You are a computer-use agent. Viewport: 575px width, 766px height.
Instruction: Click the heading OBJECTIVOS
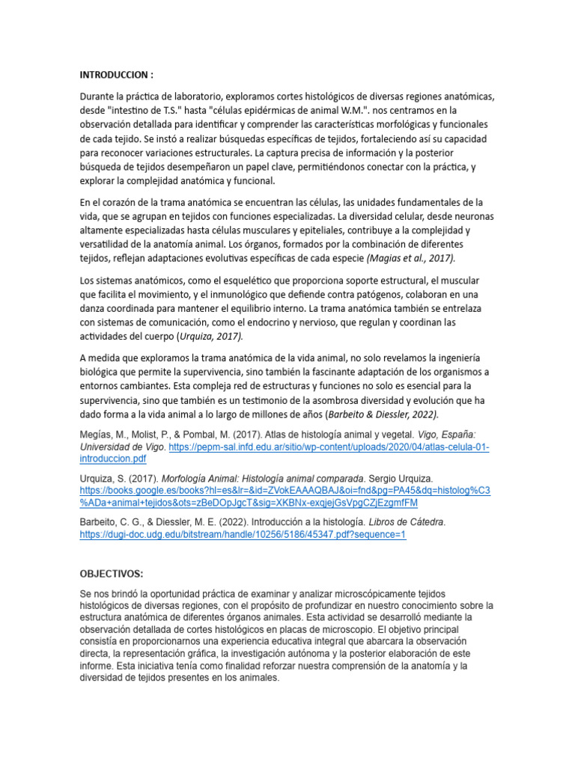coord(111,574)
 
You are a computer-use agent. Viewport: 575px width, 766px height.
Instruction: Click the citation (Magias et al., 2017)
coord(410,258)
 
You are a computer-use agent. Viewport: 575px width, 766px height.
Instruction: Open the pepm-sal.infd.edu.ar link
coord(329,447)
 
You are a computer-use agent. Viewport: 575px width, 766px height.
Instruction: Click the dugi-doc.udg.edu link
coord(243,536)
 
